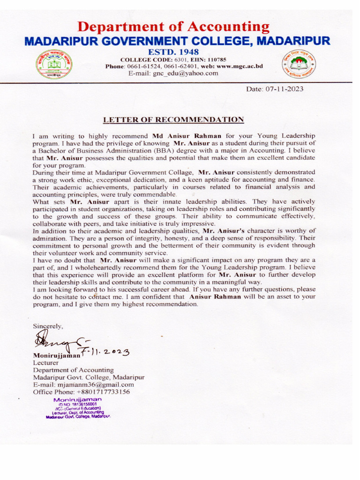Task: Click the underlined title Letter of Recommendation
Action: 173,120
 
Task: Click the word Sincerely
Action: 47,325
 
